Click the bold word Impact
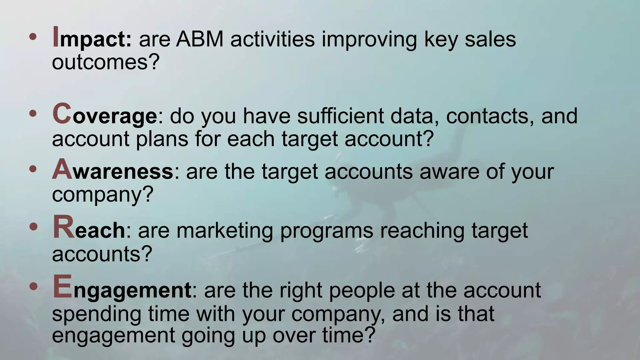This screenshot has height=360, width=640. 92,39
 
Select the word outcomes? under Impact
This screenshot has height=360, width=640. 106,62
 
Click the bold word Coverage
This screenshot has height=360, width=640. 104,115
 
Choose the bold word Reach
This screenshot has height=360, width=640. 89,229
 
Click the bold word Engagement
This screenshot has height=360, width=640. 122,289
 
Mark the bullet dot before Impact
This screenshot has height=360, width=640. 32,37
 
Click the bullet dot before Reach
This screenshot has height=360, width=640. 32,227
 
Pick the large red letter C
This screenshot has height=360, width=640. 62,113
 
